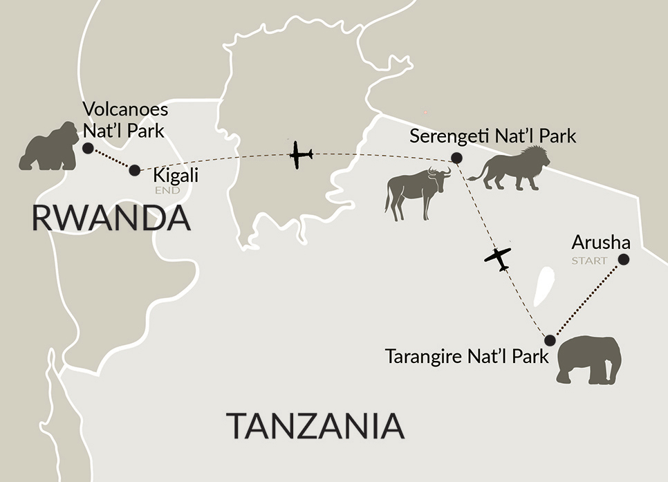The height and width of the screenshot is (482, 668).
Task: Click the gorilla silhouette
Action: (x=48, y=147)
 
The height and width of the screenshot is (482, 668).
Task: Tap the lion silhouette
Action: (x=510, y=169)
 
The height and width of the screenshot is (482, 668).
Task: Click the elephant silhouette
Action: (x=589, y=360)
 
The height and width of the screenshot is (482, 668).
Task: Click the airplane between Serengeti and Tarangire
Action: (x=498, y=258)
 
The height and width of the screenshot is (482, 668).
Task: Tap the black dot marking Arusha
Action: (x=623, y=259)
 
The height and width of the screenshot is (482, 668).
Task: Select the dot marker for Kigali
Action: (x=135, y=169)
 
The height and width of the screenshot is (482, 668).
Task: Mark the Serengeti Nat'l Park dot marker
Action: (x=456, y=158)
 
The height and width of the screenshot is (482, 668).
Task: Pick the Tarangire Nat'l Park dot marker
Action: (x=550, y=340)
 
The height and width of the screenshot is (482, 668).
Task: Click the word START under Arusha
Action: (x=588, y=261)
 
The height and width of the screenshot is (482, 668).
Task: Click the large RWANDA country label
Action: (x=111, y=219)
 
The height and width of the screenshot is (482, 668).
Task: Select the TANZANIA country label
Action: (x=315, y=425)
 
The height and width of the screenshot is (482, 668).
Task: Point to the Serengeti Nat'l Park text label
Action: (x=492, y=136)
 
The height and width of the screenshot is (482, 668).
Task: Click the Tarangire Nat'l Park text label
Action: (x=467, y=358)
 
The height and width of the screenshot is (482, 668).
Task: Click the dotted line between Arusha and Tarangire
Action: (x=586, y=300)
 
